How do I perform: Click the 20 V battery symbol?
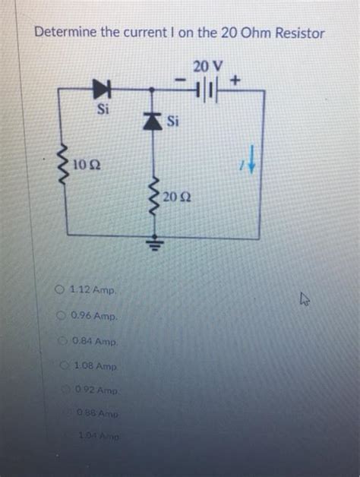206,90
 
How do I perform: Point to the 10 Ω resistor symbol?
63,163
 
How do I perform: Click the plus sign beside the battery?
236,78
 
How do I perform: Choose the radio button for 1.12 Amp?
59,289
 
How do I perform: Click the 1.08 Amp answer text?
94,367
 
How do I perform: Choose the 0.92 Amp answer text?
95,391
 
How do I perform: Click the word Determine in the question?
62,33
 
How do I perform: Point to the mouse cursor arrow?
306,301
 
